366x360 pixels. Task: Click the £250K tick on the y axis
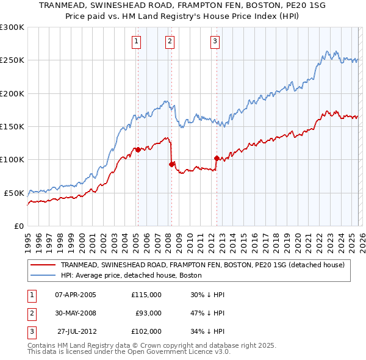pyautogui.click(x=12, y=60)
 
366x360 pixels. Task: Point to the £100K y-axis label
pyautogui.click(x=12, y=159)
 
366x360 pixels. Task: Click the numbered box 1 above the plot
pyautogui.click(x=135, y=41)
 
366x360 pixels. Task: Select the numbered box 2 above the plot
pyautogui.click(x=169, y=41)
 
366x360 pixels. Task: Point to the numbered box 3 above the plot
pyautogui.click(x=215, y=41)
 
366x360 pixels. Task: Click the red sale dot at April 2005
pyautogui.click(x=138, y=149)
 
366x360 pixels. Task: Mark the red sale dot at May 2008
pyautogui.click(x=171, y=164)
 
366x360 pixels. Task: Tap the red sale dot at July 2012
pyautogui.click(x=217, y=158)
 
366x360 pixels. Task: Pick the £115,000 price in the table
pyautogui.click(x=146, y=295)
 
